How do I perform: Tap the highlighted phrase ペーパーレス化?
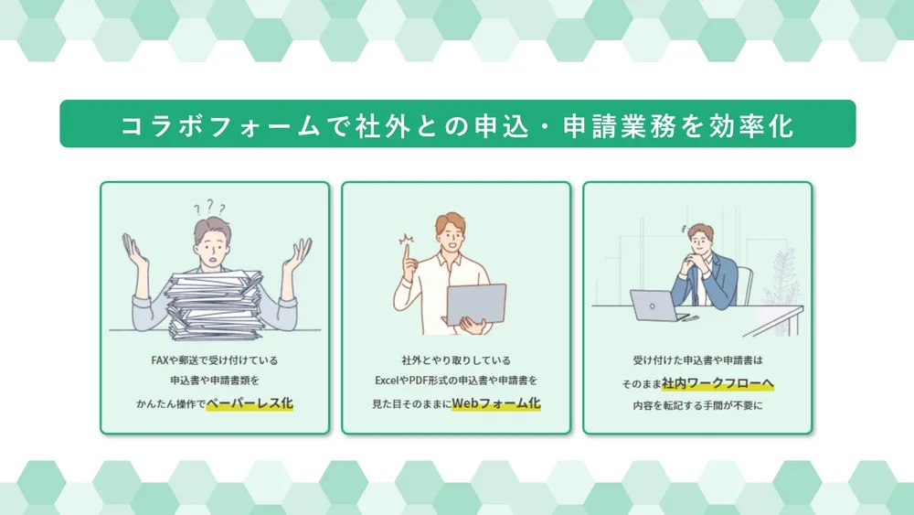click(250, 403)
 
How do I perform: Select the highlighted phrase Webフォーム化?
click(496, 403)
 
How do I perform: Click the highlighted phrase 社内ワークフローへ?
click(717, 383)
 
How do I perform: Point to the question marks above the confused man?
click(210, 207)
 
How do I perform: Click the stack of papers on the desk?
click(215, 304)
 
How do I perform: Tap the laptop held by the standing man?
click(475, 304)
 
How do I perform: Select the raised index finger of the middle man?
click(408, 253)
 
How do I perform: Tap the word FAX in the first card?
click(159, 360)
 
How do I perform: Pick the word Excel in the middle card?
click(387, 381)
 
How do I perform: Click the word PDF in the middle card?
click(418, 381)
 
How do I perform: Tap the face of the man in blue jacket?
click(700, 239)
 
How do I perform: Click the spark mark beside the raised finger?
click(407, 238)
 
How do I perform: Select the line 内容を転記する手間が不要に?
click(697, 405)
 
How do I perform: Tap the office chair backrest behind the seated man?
click(744, 284)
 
